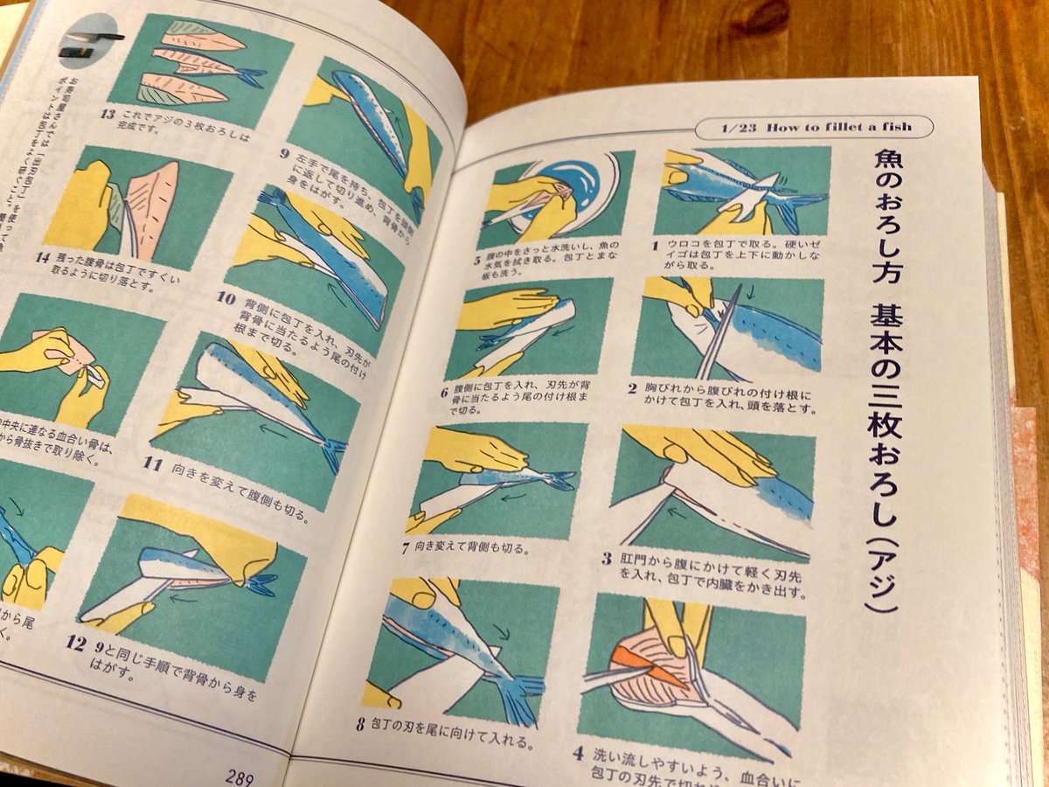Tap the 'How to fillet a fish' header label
click(x=816, y=127)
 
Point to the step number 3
click(x=605, y=557)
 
